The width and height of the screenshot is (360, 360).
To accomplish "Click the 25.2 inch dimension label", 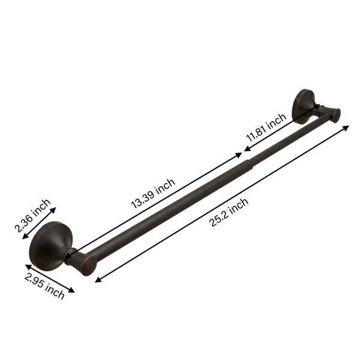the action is pos(229,212).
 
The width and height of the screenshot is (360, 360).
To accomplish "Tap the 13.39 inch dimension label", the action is pos(153,194).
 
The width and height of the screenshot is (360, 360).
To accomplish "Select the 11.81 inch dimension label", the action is pos(266,128).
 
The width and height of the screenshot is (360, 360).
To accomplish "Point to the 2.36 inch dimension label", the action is pos(32,215).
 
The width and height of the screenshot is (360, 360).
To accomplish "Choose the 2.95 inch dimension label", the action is pos(44,286).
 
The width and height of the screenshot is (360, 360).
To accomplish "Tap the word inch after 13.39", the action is pos(166,186).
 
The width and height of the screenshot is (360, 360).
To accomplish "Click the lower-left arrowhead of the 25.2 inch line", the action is pos(98,280).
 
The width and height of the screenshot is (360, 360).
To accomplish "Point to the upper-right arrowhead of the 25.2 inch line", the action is pos(346,128).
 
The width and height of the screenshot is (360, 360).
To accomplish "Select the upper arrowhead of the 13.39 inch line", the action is pos(239,155).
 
